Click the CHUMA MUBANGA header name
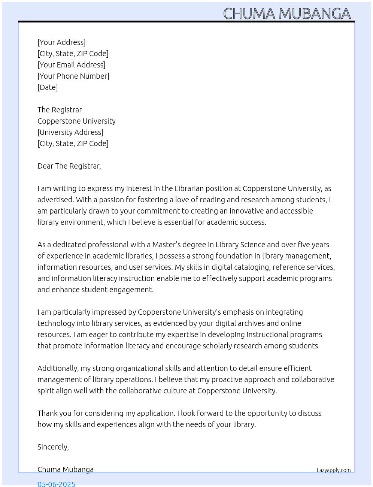point(287,14)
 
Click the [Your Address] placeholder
point(61,42)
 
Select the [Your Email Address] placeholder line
point(71,65)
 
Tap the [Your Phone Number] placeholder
point(73,76)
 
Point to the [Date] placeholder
point(48,87)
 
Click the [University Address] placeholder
point(70,132)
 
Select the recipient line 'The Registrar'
point(60,110)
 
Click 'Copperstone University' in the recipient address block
point(76,121)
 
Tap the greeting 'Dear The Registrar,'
point(69,166)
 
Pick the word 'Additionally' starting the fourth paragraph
point(58,368)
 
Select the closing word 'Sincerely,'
point(53,447)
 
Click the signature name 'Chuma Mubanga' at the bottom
point(66,469)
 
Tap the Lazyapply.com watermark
point(334,470)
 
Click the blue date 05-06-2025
point(56,484)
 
